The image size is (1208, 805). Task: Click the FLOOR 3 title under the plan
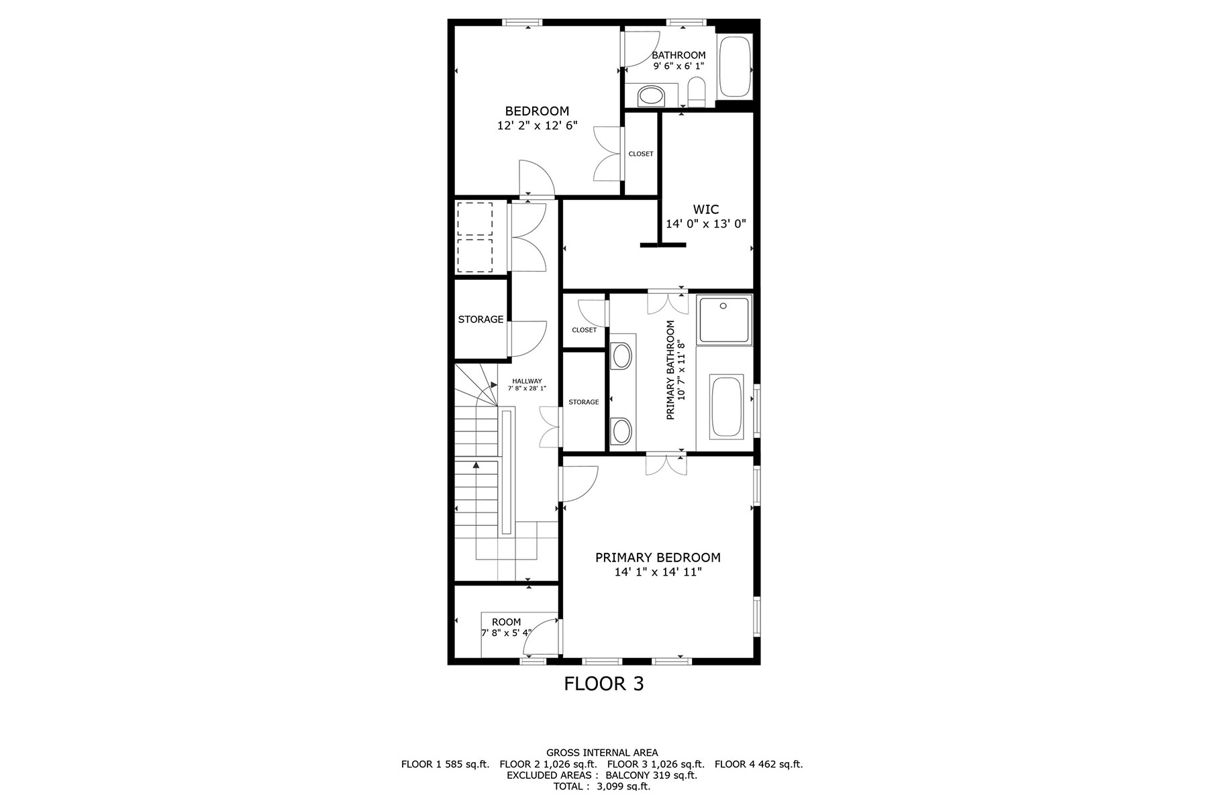603,684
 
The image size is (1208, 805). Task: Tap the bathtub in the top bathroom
735,67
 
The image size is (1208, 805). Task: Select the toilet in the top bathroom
697,93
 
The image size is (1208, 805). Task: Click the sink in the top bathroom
650,97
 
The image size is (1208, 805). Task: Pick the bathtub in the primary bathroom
726,407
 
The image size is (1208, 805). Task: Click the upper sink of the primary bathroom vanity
621,356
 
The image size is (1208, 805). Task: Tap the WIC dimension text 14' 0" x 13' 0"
705,224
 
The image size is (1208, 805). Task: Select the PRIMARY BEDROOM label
658,557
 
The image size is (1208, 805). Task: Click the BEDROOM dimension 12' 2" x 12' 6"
537,125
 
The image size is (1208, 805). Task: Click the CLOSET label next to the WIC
640,154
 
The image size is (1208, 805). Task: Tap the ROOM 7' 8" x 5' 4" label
506,627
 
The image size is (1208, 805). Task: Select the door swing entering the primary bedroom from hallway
578,483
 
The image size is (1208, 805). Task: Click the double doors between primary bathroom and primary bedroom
666,465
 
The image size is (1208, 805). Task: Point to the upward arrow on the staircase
476,464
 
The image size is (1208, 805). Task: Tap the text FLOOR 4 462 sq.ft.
758,764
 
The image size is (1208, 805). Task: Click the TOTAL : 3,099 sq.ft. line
602,787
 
